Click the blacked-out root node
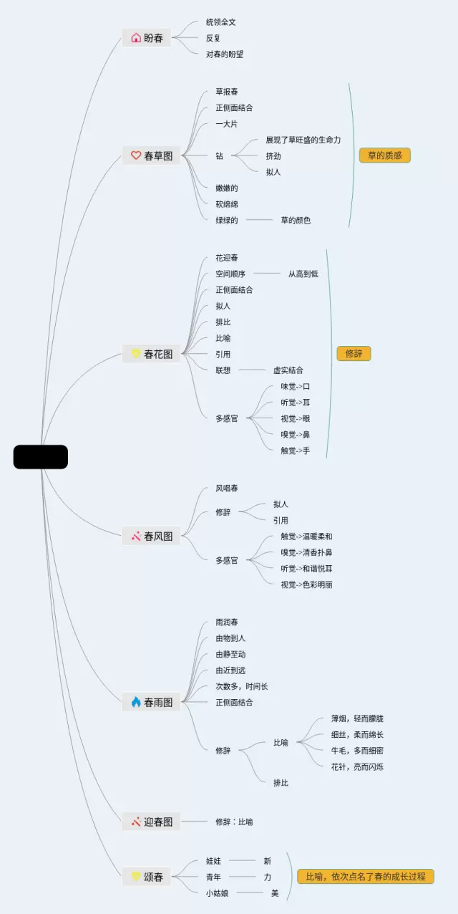[41, 457]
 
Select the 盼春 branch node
[147, 38]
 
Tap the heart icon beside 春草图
[136, 155]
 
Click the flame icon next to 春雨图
[136, 702]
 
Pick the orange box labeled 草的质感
[385, 155]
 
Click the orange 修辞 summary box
[354, 354]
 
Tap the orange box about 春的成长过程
[366, 876]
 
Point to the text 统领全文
[221, 22]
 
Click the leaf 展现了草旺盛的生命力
[303, 140]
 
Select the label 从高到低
[303, 274]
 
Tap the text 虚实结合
[288, 370]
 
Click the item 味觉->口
[296, 387]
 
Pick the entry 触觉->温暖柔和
[306, 537]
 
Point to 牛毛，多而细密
[357, 751]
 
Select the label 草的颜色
[296, 220]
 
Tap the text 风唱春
[227, 489]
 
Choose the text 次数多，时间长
[242, 686]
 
